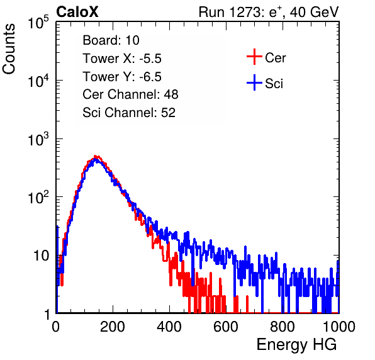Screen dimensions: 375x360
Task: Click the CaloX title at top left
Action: pos(77,12)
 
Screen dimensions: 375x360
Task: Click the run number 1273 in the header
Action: pos(245,12)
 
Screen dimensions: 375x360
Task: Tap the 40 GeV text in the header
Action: pos(314,12)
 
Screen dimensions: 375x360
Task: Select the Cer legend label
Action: pos(275,58)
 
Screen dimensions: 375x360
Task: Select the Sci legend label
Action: pos(274,84)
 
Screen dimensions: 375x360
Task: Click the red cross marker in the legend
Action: pos(254,57)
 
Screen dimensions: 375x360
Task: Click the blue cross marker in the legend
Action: pos(254,82)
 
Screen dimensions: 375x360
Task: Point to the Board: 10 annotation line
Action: pos(111,40)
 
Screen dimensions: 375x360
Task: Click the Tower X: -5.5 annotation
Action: pos(122,59)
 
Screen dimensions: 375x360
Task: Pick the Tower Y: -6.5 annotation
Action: pos(122,77)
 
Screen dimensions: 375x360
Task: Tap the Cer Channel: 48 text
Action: pos(130,94)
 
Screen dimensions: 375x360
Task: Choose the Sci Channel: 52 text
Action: pos(129,113)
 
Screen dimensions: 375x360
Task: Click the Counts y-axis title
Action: pos(9,49)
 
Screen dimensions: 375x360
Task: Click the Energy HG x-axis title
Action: pos(296,345)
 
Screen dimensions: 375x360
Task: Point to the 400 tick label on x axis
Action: pos(169,327)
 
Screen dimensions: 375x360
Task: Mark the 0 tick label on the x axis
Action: pos(55,327)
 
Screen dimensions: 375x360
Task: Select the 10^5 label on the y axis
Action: pos(38,22)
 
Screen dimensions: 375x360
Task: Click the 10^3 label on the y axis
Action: pos(38,139)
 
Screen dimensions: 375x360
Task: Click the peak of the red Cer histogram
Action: pos(96,156)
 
